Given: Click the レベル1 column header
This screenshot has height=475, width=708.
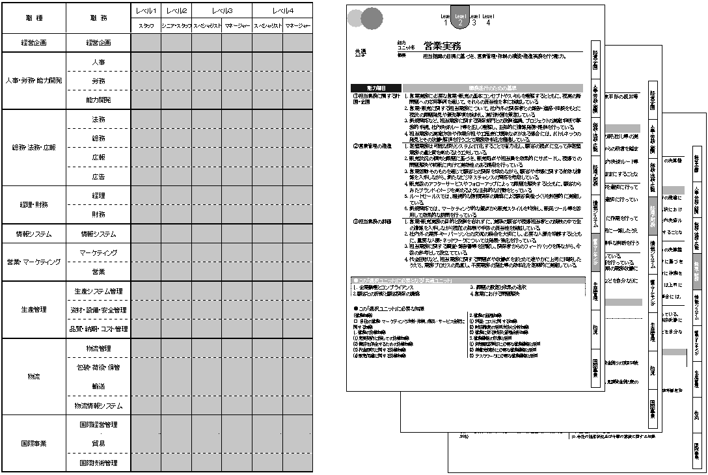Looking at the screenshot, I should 146,11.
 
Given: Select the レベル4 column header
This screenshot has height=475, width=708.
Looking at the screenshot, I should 282,11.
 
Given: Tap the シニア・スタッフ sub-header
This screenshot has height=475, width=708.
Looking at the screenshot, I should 176,26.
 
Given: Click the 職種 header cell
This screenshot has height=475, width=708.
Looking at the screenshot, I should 34,18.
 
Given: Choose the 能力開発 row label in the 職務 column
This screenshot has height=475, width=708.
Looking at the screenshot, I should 98,100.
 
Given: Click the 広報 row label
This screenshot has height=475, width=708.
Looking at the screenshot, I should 98,157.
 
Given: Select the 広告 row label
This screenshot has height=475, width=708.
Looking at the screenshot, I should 98,176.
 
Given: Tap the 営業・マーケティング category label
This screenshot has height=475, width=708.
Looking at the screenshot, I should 34,262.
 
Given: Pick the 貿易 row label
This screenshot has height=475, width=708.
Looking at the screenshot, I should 98,443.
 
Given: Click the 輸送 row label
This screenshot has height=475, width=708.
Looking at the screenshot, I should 98,386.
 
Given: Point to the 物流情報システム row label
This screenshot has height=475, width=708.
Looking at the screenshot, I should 98,405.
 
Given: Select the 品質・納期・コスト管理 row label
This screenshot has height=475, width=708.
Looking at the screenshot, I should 98,329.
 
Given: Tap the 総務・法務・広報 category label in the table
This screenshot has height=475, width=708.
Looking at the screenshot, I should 34,148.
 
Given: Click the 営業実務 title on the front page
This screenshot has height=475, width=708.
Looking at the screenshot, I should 442,46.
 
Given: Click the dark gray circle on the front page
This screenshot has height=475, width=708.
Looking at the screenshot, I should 372,19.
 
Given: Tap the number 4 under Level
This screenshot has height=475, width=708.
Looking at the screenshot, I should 488,23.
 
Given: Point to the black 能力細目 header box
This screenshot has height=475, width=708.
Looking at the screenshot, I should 376,87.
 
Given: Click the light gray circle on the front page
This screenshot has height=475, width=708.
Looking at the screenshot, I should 356,18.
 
